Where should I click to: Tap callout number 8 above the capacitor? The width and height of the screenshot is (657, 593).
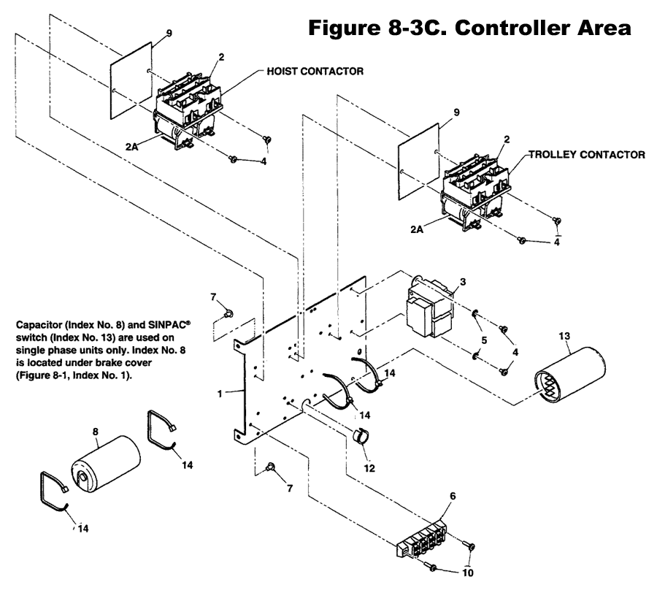95,432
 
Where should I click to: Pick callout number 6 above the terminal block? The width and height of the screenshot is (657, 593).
453,496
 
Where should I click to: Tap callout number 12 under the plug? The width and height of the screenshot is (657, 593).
369,468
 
